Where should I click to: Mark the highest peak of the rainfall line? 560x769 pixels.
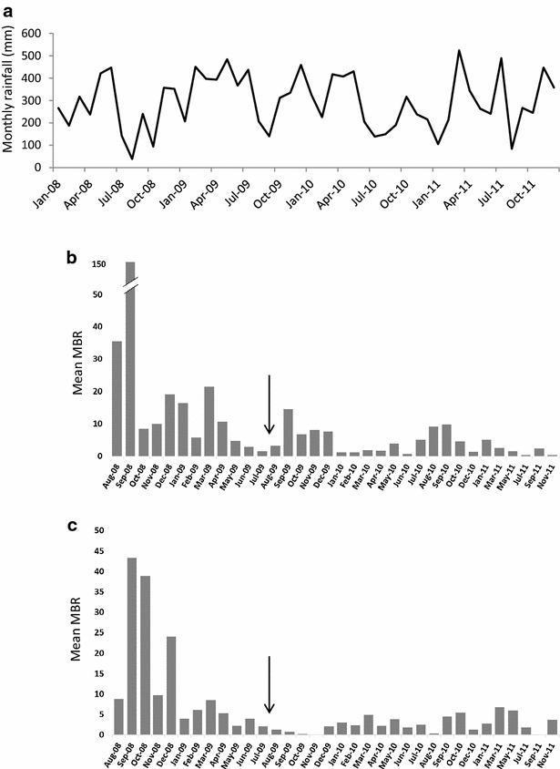pyautogui.click(x=459, y=51)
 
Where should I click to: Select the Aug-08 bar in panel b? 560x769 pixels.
pyautogui.click(x=117, y=398)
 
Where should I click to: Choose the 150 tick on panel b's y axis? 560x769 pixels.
pyautogui.click(x=99, y=264)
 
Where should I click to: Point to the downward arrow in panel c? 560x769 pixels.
pyautogui.click(x=269, y=685)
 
